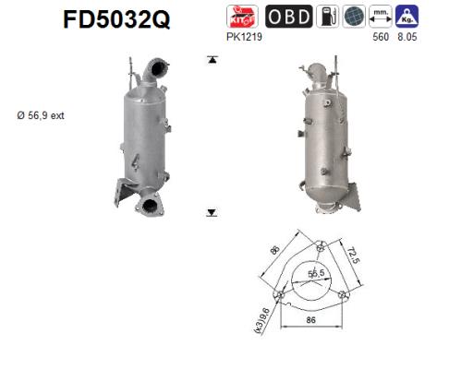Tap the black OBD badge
pos(289,17)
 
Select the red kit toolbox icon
pos(243,17)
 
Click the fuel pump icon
pos(328,17)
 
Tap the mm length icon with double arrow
pos(380,17)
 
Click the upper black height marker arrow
pos(212,59)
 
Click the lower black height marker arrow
pos(212,213)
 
